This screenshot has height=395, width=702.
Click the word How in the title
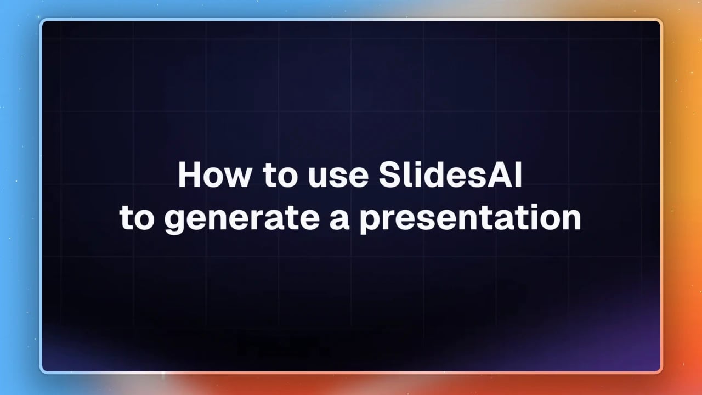(215, 175)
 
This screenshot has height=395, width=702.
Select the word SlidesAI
(450, 174)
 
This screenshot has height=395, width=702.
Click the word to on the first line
(280, 176)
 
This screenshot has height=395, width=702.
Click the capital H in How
(189, 175)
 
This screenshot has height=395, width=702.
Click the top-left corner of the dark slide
(43, 21)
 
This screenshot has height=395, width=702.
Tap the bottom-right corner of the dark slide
(660, 371)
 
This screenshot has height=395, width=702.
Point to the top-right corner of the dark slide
(660, 21)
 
